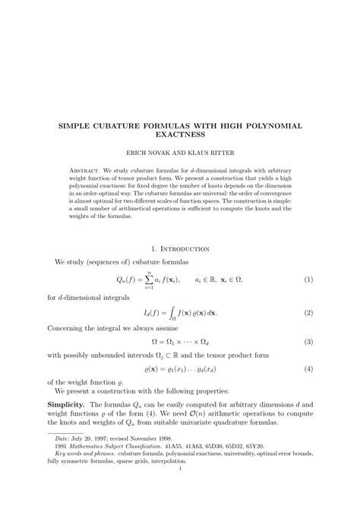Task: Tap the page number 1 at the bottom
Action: point(180,489)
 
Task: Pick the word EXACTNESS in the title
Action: point(180,134)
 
